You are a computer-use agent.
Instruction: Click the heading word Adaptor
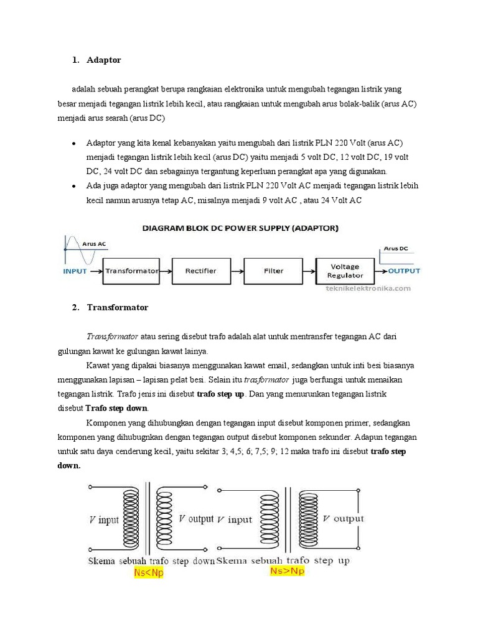[x=104, y=60]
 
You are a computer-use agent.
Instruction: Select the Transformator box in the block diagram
[x=132, y=271]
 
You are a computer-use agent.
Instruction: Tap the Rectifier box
[x=200, y=271]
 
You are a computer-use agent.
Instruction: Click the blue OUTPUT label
[x=404, y=271]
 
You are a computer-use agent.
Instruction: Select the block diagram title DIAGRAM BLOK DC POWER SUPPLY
[x=240, y=228]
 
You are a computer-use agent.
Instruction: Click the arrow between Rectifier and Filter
[x=235, y=271]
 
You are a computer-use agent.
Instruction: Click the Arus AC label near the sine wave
[x=95, y=244]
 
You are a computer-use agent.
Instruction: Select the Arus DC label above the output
[x=396, y=248]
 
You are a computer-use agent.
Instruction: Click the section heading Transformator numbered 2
[x=118, y=307]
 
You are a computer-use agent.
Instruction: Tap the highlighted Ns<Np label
[x=149, y=573]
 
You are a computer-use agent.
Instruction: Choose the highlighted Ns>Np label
[x=287, y=570]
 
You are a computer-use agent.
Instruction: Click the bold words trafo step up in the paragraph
[x=220, y=394]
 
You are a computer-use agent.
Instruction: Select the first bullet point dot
[x=74, y=143]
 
